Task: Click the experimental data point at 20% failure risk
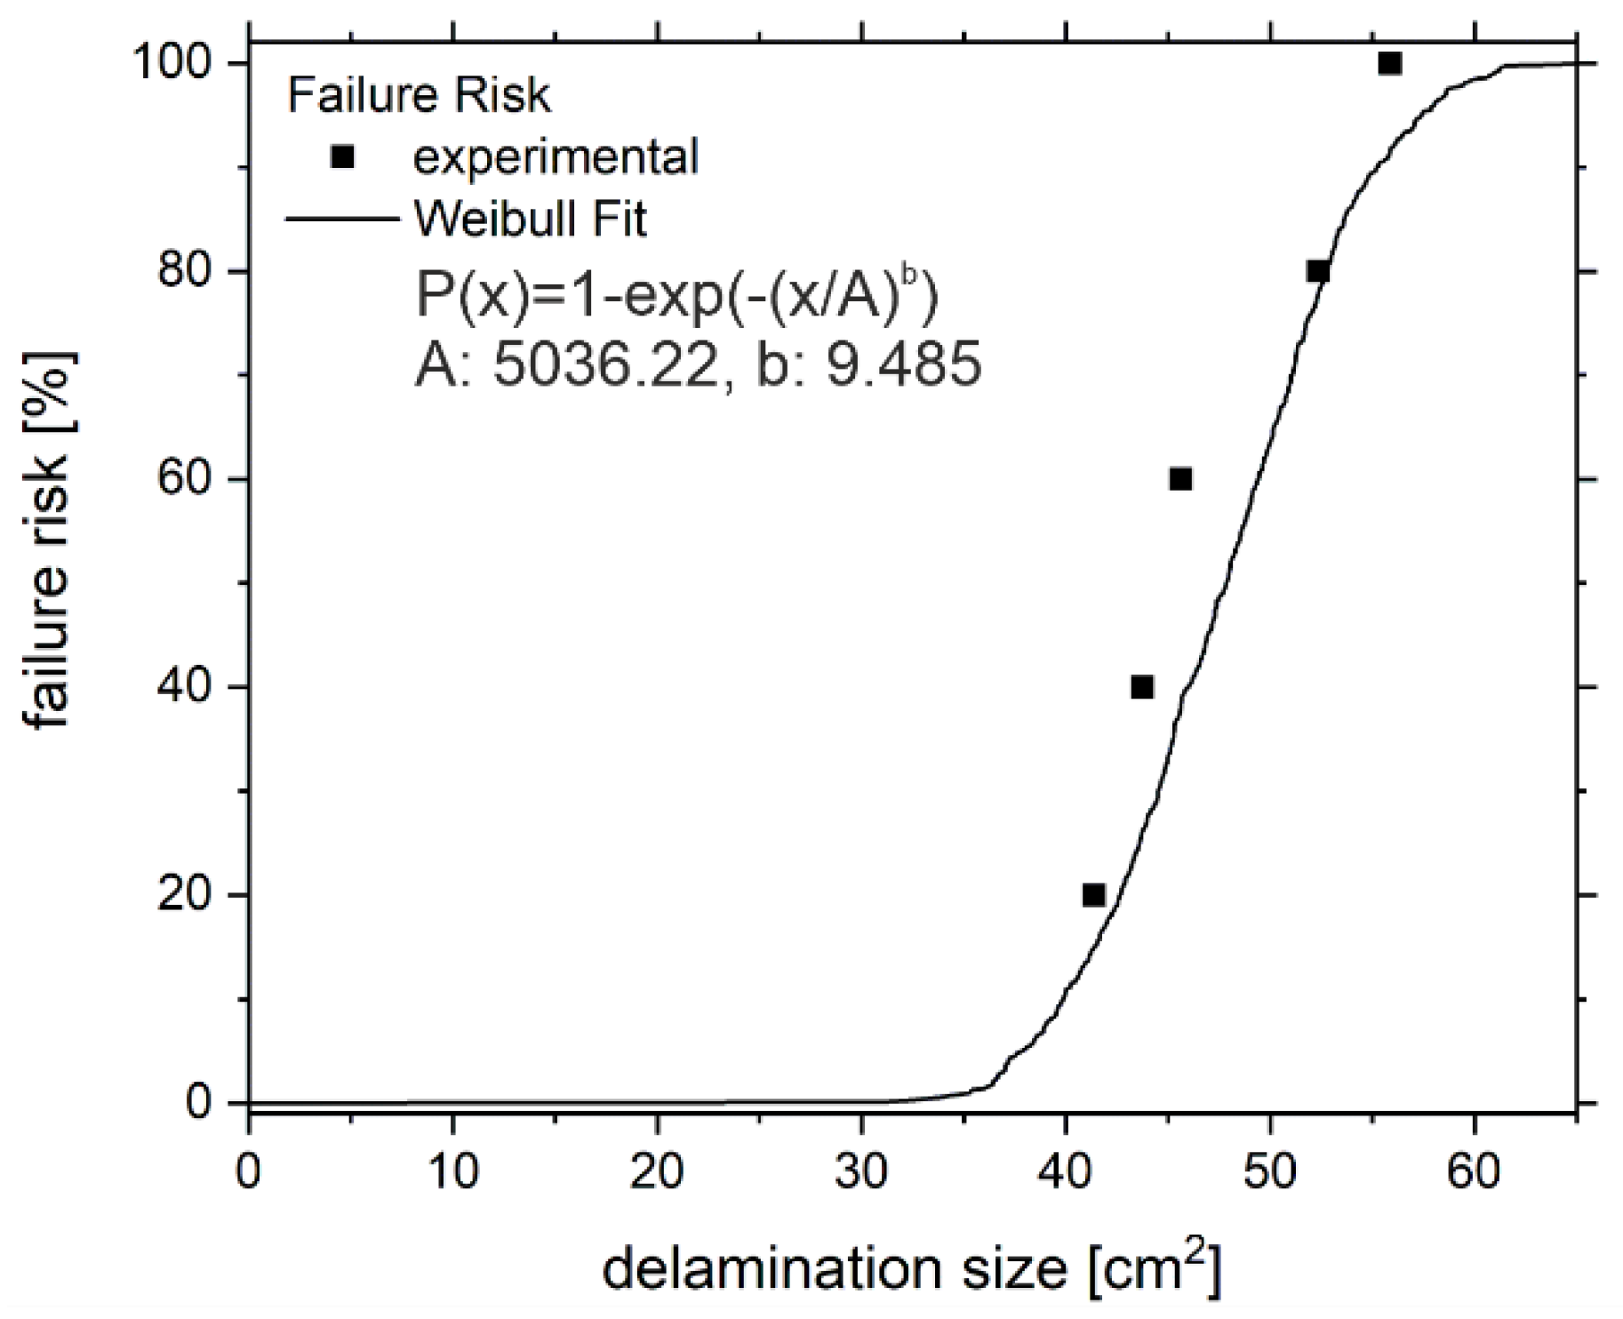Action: click(1094, 894)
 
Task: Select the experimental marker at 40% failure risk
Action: click(1142, 687)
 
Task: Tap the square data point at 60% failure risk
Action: click(1180, 479)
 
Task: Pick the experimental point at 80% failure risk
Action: click(1318, 271)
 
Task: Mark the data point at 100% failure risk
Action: click(1390, 64)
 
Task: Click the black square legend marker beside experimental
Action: click(341, 156)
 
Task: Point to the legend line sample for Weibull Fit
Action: click(341, 219)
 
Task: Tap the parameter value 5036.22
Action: click(604, 365)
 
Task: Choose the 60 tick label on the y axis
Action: click(187, 479)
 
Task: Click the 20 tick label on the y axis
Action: click(187, 894)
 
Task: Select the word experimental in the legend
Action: click(556, 156)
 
